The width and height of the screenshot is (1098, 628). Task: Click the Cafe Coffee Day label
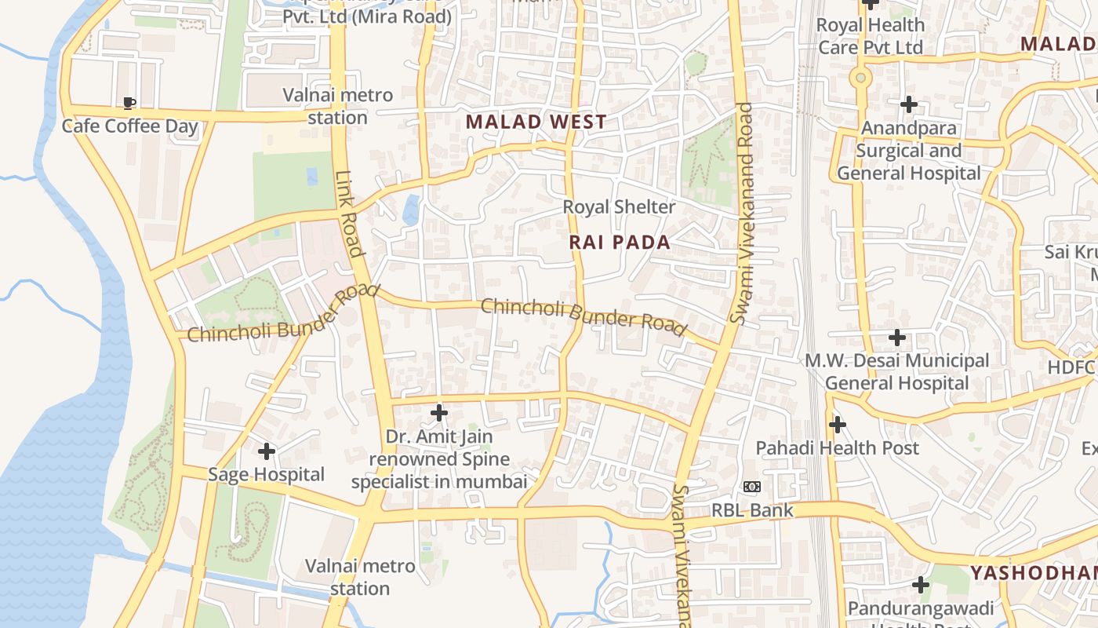coord(129,126)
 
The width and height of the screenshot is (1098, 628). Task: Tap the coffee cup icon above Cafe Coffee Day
coord(129,103)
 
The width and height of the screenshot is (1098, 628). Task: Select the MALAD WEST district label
coord(536,122)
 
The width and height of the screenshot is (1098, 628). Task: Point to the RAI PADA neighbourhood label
coord(620,243)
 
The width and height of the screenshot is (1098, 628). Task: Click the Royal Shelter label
coord(619,207)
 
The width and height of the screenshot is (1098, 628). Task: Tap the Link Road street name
coord(350,214)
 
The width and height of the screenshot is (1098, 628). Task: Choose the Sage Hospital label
coord(266,474)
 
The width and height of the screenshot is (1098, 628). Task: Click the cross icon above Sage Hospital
coord(267,451)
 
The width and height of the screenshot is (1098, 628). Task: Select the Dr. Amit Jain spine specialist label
coord(439,459)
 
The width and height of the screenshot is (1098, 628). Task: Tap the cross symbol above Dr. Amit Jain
coord(439,412)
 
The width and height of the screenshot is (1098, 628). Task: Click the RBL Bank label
coord(752,510)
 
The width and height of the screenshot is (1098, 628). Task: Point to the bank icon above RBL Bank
coord(752,487)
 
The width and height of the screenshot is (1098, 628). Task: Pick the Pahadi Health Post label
coord(837,448)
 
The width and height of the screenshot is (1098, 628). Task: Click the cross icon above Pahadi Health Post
coord(838,425)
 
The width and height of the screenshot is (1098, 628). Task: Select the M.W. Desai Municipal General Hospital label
coord(897,372)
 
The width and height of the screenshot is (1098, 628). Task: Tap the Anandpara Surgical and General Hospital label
coord(909,151)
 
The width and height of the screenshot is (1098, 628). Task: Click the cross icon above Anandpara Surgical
coord(909,104)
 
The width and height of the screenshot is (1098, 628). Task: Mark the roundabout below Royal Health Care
coord(861,78)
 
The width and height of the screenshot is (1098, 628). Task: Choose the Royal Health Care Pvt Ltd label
coord(871,36)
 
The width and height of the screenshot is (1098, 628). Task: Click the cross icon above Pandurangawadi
coord(921,585)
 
